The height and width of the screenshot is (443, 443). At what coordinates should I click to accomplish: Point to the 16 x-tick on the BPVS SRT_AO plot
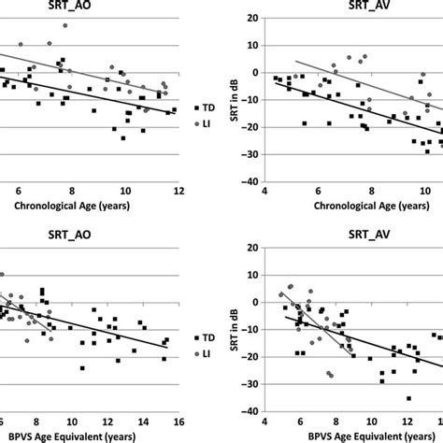pyautogui.click(x=176, y=420)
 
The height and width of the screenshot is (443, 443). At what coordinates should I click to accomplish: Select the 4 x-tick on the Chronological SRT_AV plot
pyautogui.click(x=265, y=193)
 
